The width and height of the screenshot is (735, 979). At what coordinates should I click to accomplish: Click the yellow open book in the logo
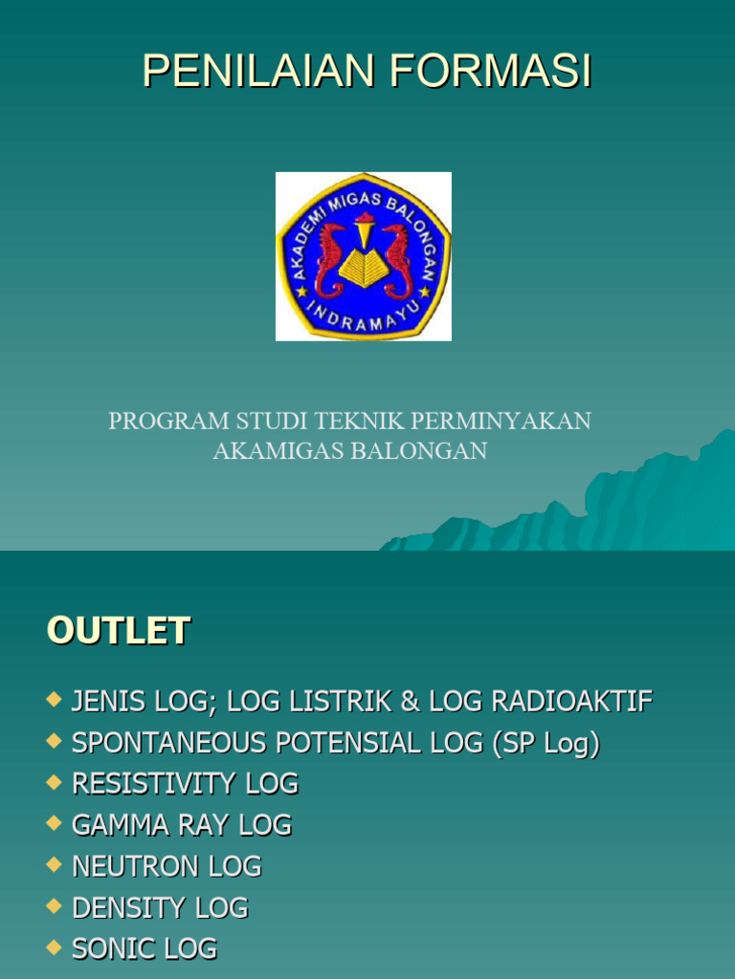click(x=364, y=267)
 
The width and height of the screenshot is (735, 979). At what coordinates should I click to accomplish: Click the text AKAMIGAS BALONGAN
click(x=349, y=451)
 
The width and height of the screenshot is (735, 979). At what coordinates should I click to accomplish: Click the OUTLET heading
click(x=119, y=632)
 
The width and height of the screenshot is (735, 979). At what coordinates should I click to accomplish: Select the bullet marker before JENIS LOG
click(x=55, y=701)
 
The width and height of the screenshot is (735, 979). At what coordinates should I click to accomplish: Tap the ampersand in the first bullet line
click(x=410, y=702)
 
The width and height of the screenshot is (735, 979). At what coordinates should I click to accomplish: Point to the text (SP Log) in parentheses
click(x=546, y=743)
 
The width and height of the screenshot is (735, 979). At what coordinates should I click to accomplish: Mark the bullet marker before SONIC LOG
click(x=55, y=947)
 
